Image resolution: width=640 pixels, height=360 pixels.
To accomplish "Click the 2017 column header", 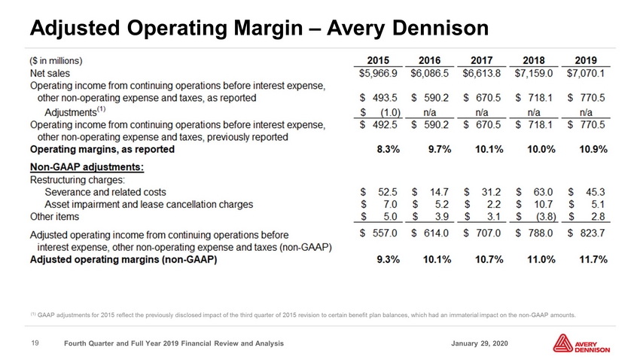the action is click(x=482, y=60).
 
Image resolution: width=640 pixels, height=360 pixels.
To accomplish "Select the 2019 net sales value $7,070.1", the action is click(x=586, y=74).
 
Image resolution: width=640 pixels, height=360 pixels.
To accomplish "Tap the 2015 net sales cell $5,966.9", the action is click(x=378, y=74).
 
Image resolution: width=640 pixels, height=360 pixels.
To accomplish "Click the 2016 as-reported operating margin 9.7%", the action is click(x=440, y=149).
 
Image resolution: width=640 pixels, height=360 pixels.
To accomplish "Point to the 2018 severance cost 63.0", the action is click(x=543, y=192).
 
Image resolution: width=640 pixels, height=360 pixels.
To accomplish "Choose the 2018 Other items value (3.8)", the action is click(x=546, y=217).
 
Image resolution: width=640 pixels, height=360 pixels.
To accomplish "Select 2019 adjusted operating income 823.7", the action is click(x=593, y=233).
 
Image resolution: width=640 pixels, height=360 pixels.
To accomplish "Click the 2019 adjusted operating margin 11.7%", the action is click(x=593, y=260).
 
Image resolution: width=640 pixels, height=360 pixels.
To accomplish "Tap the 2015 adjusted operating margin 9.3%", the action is click(x=389, y=260).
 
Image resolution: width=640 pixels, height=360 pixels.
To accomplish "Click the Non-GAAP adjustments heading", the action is click(x=87, y=167).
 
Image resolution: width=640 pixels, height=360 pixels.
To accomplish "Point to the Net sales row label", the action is click(x=50, y=74).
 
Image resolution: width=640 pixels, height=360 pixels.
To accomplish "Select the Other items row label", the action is click(x=55, y=217).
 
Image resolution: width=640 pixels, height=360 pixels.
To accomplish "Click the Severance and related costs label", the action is click(x=105, y=192).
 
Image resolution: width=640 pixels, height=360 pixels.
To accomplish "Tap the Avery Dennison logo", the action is click(x=581, y=343).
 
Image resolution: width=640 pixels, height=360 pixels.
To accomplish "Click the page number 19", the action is click(x=35, y=343).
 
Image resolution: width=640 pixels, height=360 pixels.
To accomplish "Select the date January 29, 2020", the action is click(x=480, y=343).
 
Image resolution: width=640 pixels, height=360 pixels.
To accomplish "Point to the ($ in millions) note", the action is click(x=56, y=61).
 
